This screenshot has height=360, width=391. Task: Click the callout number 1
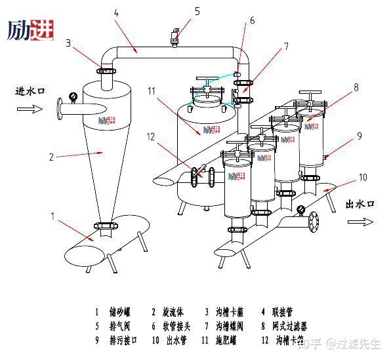53,216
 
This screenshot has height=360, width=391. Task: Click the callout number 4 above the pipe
115,12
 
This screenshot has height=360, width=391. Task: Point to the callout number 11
152,91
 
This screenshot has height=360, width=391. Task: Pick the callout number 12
151,137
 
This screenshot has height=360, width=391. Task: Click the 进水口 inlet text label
30,91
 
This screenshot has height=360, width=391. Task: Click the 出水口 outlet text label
360,205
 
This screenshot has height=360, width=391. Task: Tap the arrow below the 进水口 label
25,110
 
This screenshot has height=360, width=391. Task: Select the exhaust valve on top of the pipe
176,38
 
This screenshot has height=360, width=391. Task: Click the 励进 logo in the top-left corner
30,30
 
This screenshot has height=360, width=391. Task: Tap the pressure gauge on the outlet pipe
300,210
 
